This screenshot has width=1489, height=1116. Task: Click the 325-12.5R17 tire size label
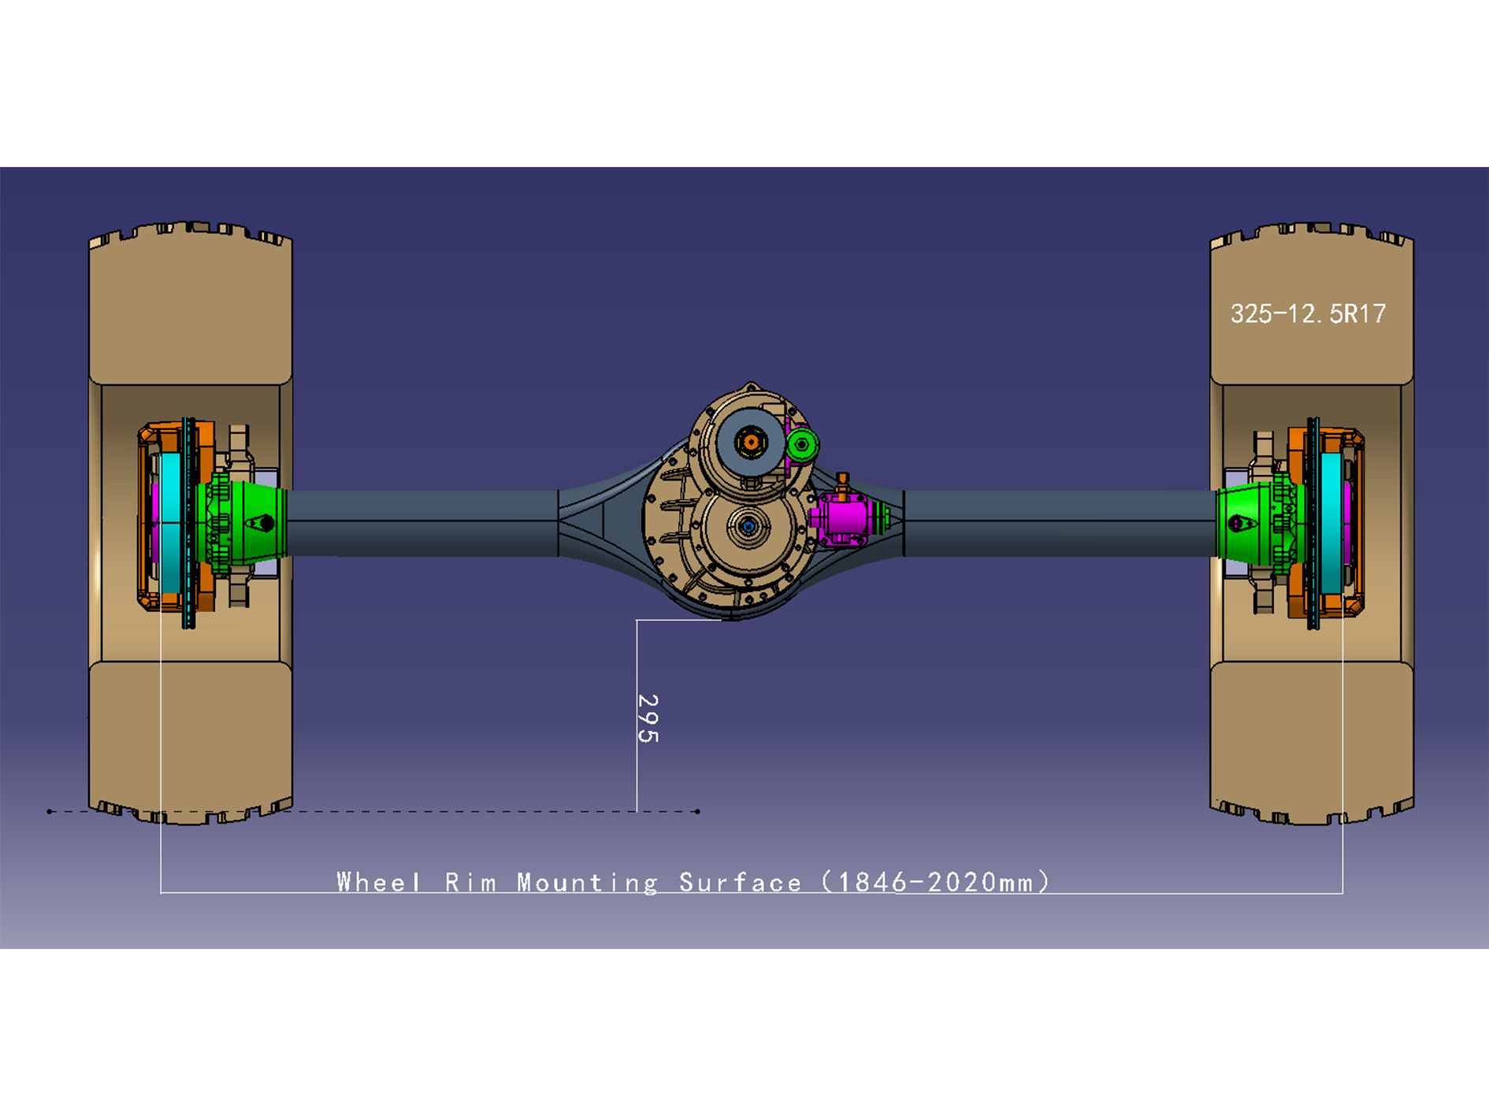pyautogui.click(x=1308, y=314)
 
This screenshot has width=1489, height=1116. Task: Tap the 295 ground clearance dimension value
pyautogui.click(x=647, y=717)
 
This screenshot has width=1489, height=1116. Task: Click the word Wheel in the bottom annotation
pyautogui.click(x=378, y=882)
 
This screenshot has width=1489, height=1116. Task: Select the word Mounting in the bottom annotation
pyautogui.click(x=587, y=883)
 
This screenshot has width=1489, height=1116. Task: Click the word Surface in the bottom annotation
pyautogui.click(x=740, y=883)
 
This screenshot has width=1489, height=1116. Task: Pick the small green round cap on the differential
pyautogui.click(x=802, y=445)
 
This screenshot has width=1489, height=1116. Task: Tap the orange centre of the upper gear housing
pyautogui.click(x=751, y=442)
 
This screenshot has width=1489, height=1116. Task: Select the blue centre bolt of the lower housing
pyautogui.click(x=748, y=526)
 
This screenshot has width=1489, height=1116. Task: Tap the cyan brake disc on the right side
pyautogui.click(x=1331, y=523)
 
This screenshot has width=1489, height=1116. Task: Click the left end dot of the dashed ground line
pyautogui.click(x=50, y=811)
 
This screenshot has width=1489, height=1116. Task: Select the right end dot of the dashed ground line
pyautogui.click(x=697, y=811)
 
